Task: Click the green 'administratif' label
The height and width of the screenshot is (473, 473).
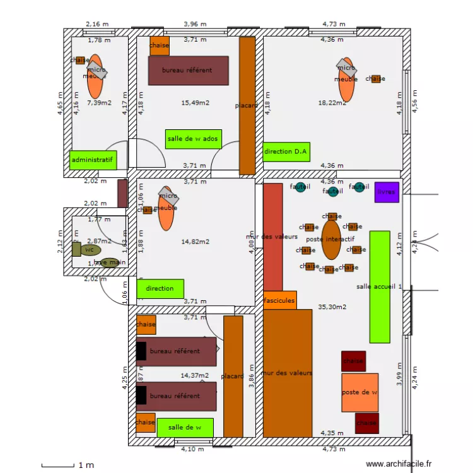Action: tap(93, 160)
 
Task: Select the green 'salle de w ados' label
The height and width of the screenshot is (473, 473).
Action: tap(193, 139)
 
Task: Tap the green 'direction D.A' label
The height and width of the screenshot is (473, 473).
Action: tap(286, 151)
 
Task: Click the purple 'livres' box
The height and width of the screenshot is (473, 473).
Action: tap(387, 192)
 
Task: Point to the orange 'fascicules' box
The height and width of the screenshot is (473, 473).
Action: tap(279, 301)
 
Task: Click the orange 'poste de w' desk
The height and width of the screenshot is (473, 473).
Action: tap(360, 392)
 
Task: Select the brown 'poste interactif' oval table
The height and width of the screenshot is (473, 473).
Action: tap(331, 239)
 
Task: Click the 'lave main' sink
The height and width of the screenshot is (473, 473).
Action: tap(109, 262)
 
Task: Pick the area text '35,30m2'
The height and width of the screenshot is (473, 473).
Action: tap(333, 307)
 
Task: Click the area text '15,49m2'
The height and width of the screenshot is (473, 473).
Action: tap(195, 102)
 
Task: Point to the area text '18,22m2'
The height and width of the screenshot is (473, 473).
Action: tap(332, 102)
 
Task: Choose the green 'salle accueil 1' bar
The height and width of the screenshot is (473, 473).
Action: tap(380, 287)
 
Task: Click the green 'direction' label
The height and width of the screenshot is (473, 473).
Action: tap(160, 289)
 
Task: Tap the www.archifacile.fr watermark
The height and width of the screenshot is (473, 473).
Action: tap(401, 464)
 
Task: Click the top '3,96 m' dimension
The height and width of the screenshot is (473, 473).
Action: tap(195, 24)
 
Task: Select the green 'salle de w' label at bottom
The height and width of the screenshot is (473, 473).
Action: tap(185, 427)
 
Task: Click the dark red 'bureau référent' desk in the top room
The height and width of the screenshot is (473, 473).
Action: tap(187, 70)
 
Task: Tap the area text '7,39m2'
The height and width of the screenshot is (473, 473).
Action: tap(99, 102)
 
